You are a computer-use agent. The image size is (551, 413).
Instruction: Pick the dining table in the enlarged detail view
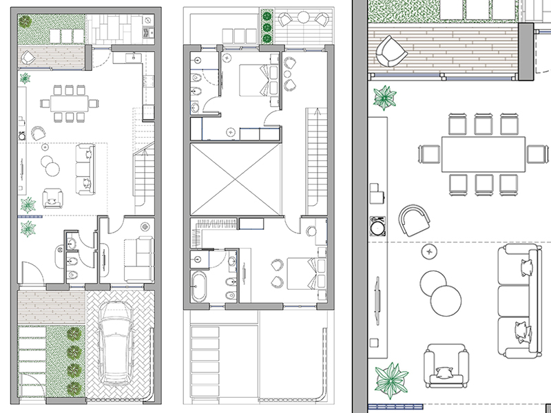point(481,153)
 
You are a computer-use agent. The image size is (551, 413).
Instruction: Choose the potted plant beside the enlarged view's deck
point(385,97)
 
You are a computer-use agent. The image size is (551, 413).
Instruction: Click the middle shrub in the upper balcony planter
point(266,28)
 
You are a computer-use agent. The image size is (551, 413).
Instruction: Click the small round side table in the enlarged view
point(430,253)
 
